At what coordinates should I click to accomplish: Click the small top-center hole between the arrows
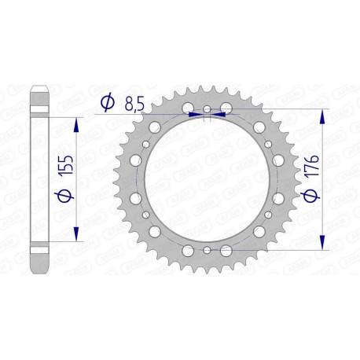coord(207,109)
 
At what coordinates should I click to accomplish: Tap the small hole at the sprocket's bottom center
coord(206,249)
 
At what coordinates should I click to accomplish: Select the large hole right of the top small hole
coord(226,107)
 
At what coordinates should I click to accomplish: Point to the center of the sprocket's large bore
coord(206,179)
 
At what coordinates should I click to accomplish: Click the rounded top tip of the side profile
coord(41,93)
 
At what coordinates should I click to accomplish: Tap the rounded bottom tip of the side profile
coord(41,266)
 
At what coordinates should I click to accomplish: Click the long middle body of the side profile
coord(41,179)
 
